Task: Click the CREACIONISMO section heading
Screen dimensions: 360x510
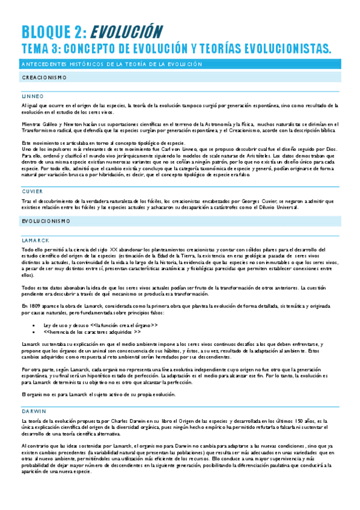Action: click(44, 78)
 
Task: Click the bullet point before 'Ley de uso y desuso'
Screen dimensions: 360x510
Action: click(39, 325)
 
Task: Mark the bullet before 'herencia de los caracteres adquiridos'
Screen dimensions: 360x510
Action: click(39, 331)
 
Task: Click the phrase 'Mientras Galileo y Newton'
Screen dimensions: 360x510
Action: click(49, 123)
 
